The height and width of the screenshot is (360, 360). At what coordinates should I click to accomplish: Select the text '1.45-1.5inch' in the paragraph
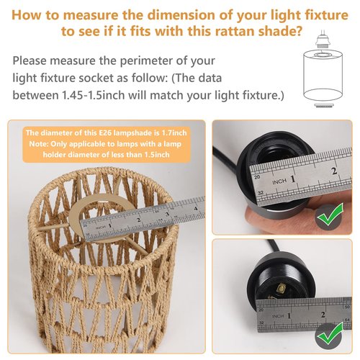[94, 95]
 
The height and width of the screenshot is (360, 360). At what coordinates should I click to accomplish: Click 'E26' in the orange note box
[105, 132]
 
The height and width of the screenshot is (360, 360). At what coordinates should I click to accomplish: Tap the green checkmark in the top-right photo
[330, 215]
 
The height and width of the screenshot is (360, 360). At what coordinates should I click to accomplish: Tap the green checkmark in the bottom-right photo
[330, 334]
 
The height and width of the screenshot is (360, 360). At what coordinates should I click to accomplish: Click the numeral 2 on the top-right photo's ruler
[334, 171]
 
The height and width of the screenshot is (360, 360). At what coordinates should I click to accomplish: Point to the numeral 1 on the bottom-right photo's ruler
[289, 315]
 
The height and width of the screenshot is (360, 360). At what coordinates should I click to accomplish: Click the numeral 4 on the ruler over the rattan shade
[196, 208]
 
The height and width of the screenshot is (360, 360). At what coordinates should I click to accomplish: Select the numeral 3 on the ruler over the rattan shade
[167, 214]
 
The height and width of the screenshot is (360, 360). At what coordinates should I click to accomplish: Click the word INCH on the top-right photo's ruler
[279, 182]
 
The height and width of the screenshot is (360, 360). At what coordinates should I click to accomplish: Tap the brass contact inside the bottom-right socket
[279, 287]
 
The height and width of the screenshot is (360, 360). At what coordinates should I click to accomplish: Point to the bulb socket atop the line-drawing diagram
[322, 40]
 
